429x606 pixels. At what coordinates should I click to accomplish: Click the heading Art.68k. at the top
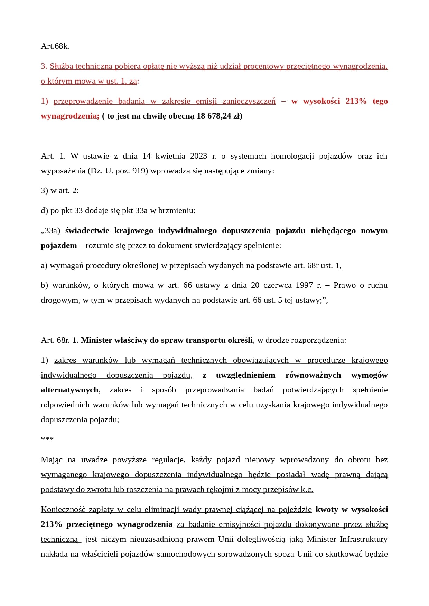coord(55,46)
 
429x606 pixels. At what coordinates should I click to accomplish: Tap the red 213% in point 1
coord(356,101)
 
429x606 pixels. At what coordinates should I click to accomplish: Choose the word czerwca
coord(277,285)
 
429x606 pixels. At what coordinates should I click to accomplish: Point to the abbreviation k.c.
coord(307,490)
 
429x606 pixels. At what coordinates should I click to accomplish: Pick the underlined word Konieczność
coord(63,510)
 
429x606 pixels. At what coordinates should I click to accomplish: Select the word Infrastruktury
coord(363,539)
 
